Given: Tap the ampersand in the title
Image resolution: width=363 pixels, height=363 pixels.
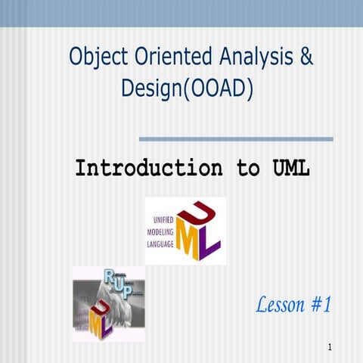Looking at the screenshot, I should (x=305, y=57).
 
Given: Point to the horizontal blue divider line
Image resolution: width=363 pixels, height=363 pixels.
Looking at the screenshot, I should (x=236, y=139).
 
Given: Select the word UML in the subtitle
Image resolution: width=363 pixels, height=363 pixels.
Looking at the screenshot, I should (x=290, y=168).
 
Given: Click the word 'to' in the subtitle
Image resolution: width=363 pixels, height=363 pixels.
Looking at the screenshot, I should (x=247, y=168).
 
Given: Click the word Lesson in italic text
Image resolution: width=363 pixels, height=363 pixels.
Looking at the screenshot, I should (x=281, y=306).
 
